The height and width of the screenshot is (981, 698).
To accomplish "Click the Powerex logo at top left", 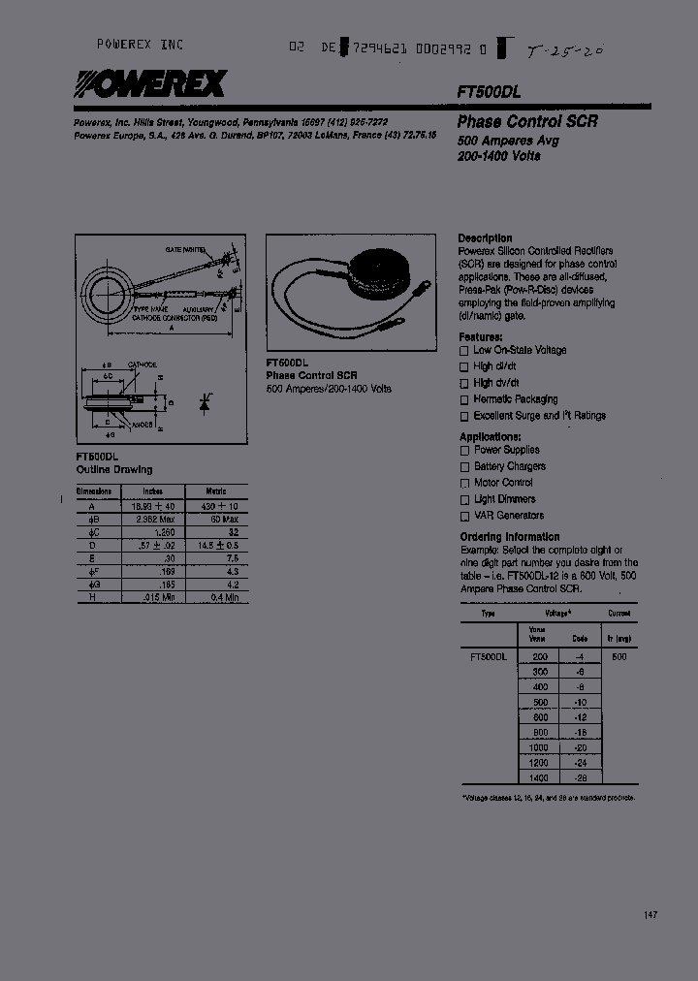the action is pyautogui.click(x=149, y=85).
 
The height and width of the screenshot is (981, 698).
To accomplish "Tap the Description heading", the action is pyautogui.click(x=485, y=237).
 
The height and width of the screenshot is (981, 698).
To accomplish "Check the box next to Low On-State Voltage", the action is pyautogui.click(x=464, y=350).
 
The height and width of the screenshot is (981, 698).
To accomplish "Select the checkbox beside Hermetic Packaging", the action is pyautogui.click(x=464, y=399).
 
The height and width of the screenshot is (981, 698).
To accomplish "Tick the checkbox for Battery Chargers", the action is pyautogui.click(x=464, y=466).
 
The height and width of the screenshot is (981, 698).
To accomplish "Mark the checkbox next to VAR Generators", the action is pyautogui.click(x=464, y=516).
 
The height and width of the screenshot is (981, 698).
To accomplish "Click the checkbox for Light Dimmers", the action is pyautogui.click(x=464, y=499).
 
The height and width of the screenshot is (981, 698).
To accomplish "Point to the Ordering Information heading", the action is pyautogui.click(x=509, y=536).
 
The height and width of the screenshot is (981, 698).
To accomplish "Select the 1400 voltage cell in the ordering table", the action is pyautogui.click(x=539, y=778).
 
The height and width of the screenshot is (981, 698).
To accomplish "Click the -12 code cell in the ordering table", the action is pyautogui.click(x=580, y=717).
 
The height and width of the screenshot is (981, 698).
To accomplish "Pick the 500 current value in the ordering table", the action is pyautogui.click(x=619, y=656).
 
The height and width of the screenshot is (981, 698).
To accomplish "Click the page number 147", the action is pyautogui.click(x=651, y=915).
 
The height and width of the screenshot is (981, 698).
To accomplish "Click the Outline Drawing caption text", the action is pyautogui.click(x=113, y=469).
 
